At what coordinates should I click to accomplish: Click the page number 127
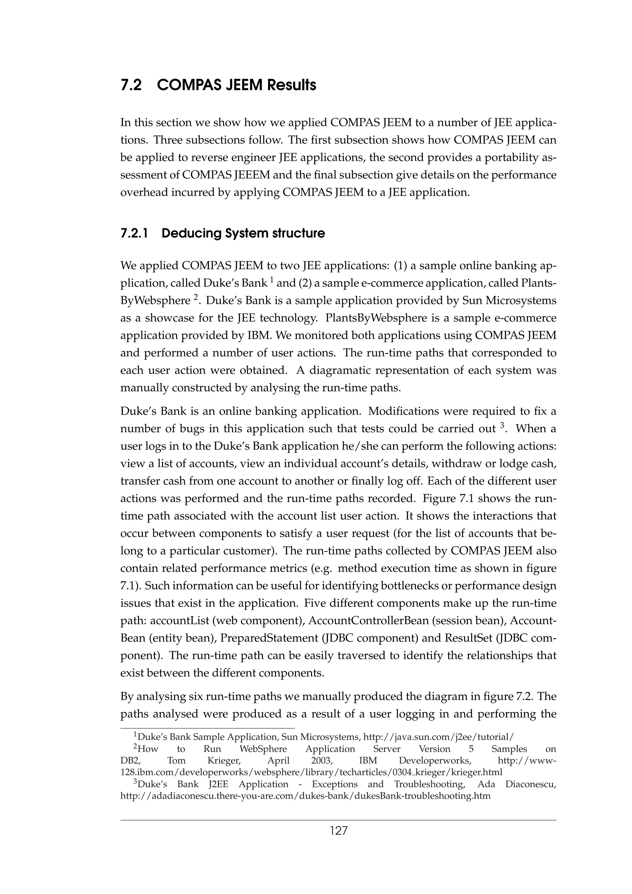coord(339,831)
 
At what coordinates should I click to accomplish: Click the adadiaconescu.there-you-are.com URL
coord(305,796)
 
